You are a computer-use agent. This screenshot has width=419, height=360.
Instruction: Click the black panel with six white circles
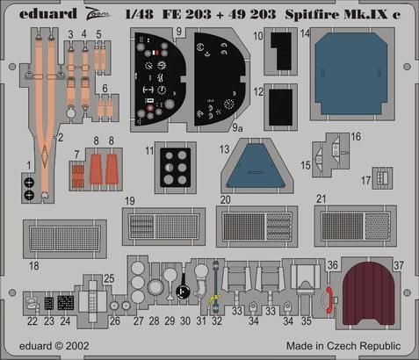[176, 167]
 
